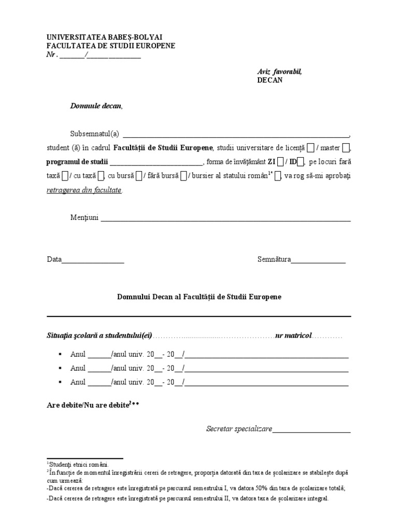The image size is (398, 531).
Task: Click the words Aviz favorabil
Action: click(279, 72)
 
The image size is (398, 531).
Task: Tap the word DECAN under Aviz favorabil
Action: click(270, 80)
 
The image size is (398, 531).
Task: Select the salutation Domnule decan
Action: click(96, 106)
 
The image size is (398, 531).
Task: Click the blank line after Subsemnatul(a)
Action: click(236, 134)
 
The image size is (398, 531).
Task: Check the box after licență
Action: click(310, 148)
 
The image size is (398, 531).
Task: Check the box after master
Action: click(346, 148)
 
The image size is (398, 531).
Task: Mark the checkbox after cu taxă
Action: click(102, 176)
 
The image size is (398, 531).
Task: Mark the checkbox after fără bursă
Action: click(183, 176)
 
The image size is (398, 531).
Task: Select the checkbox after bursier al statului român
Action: click(277, 176)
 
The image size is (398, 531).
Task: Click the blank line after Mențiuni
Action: click(225, 219)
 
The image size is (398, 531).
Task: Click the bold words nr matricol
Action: click(293, 336)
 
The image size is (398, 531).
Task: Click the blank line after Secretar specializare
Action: click(311, 430)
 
